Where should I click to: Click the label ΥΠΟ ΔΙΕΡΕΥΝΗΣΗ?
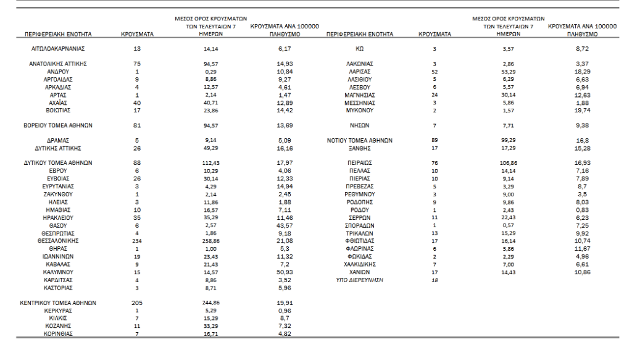pos(360,279)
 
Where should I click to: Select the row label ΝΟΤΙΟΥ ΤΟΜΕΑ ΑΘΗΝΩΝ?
pos(360,141)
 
